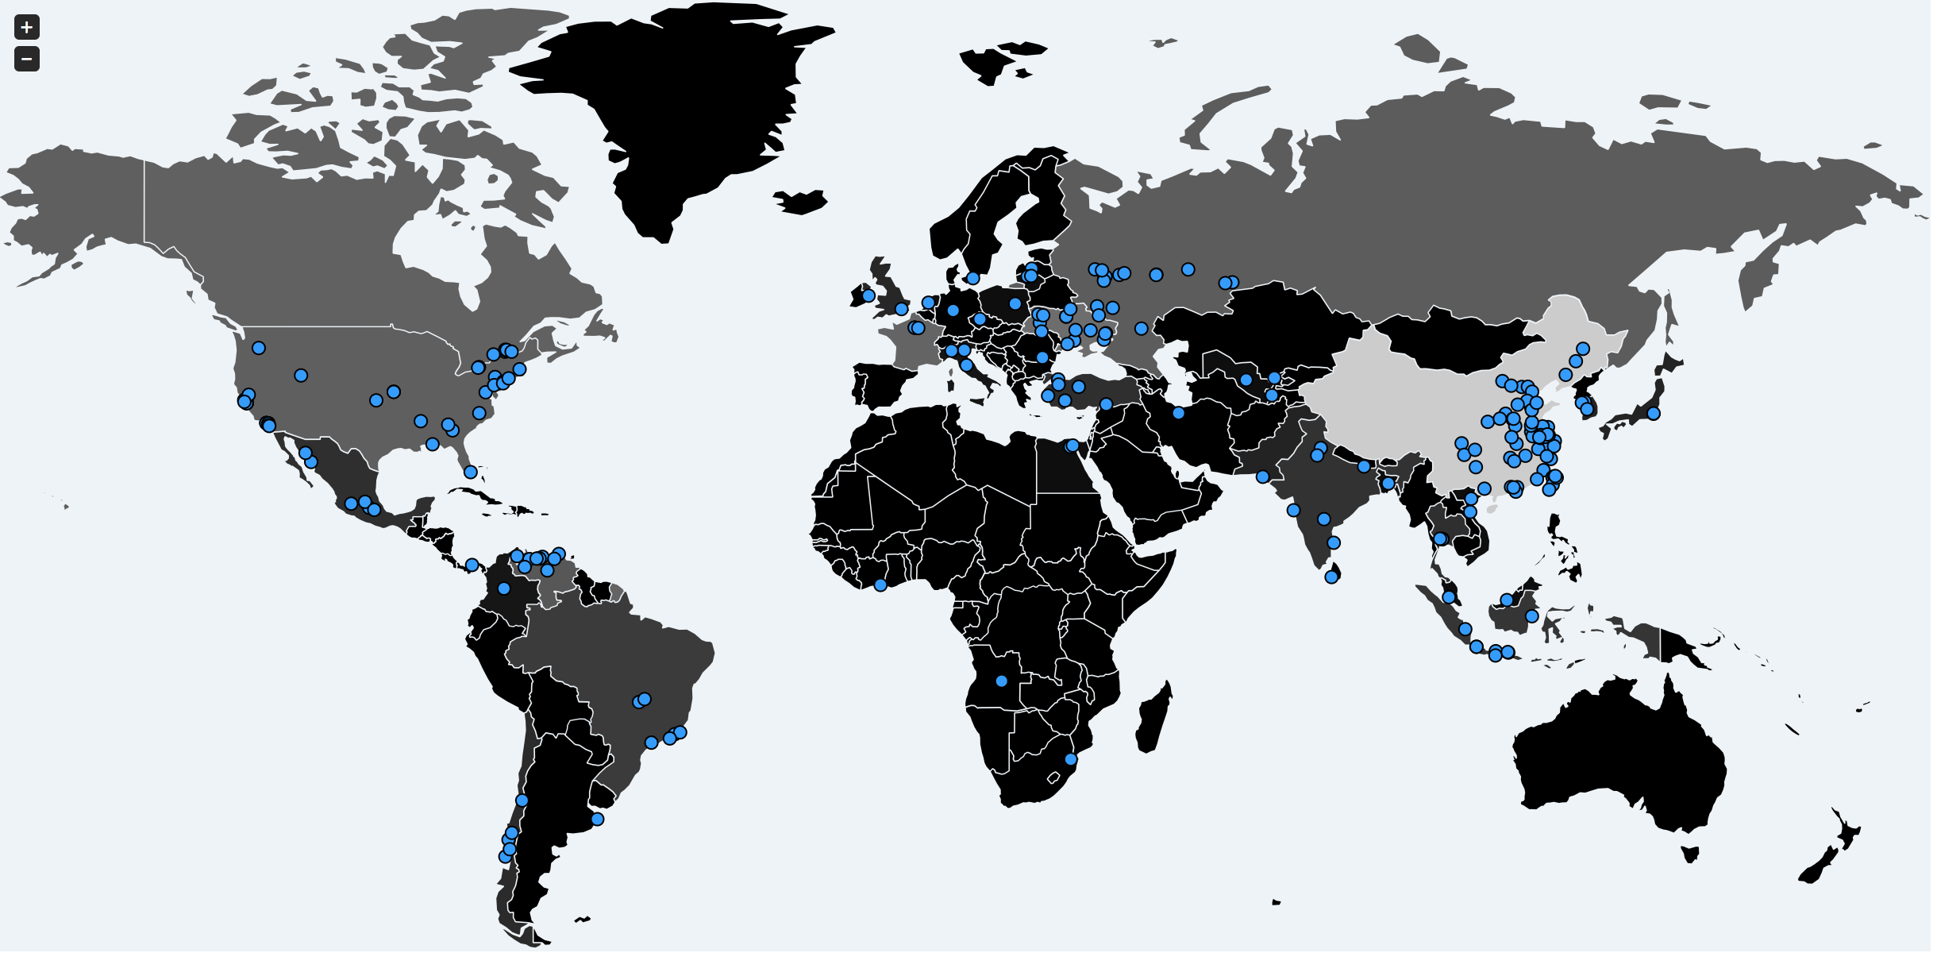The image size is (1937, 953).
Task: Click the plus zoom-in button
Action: [x=27, y=27]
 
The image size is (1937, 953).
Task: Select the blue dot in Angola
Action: [x=1001, y=681]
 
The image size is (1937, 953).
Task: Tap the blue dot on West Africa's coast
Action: [x=880, y=585]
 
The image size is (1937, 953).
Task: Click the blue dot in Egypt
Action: [x=1072, y=446]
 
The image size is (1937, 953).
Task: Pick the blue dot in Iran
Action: [x=1179, y=413]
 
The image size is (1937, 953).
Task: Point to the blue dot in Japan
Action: [x=1654, y=414]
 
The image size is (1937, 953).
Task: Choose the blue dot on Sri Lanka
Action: [x=1331, y=577]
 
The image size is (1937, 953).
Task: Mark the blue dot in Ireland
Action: [x=868, y=295]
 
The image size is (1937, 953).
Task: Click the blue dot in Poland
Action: [x=1015, y=303]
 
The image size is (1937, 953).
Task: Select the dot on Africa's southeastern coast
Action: [x=1070, y=759]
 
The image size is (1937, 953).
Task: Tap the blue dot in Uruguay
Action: [x=598, y=819]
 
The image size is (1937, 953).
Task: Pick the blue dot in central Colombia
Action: [x=503, y=588]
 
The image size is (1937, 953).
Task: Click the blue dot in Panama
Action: [x=472, y=565]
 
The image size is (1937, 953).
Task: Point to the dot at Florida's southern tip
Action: [x=470, y=472]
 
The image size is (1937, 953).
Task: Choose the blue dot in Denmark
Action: [x=973, y=278]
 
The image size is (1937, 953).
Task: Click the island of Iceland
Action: [x=802, y=202]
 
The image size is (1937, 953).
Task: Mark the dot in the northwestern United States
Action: [x=259, y=348]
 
